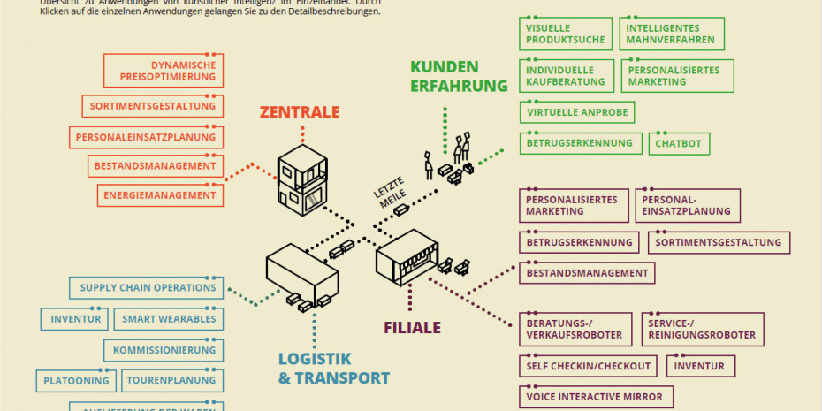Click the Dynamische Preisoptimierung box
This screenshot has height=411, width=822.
coord(163,71)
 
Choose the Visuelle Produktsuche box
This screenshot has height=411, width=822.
coord(565,34)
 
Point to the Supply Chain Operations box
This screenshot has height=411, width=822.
coord(147,288)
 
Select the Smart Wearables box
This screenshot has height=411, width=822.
coord(169,319)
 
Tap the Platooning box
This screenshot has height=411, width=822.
coord(76,381)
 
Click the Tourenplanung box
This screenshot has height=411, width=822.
coord(171,381)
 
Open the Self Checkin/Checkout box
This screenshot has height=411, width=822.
coord(588,366)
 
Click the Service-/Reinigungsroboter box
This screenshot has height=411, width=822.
coord(701,329)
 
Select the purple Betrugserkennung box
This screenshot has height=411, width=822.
coord(579,242)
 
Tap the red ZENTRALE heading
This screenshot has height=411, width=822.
coord(299,112)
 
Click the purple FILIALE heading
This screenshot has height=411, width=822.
coord(412,328)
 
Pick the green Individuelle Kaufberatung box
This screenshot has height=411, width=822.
coord(565,76)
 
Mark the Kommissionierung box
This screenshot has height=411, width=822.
coord(164,350)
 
